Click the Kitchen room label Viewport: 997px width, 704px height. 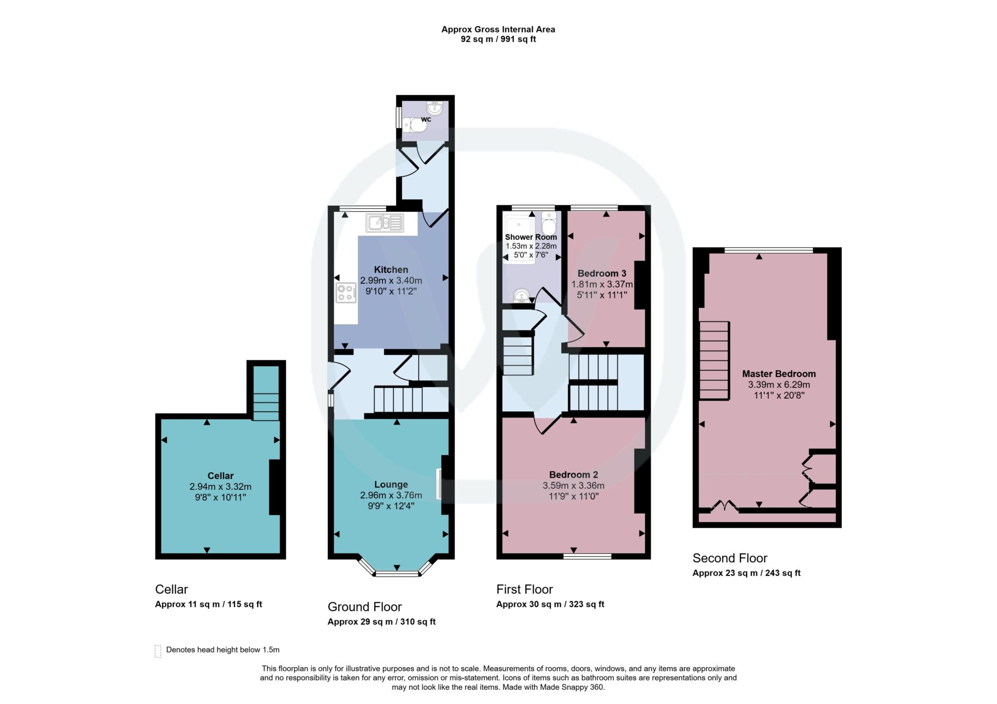pos(391,270)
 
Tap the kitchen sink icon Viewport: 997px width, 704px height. pos(385,223)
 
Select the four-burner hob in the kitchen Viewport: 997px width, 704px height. pos(346,293)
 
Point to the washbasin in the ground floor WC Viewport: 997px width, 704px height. pos(435,108)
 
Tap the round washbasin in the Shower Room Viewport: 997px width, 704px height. pos(521,296)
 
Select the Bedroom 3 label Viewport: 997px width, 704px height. pos(602,273)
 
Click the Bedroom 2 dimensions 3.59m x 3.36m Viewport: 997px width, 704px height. pos(574,486)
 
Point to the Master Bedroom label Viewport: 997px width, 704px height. pos(779,374)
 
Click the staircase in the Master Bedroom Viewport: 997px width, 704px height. pos(714,360)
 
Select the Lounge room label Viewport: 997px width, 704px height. pos(391,485)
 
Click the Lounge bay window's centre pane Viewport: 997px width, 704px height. pos(397,574)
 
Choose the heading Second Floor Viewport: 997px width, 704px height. pos(730,558)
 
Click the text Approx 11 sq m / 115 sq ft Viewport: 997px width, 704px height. pos(208,604)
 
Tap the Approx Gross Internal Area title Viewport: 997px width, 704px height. pos(498,29)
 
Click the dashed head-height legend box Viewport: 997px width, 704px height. pos(158,651)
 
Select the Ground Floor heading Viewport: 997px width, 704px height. pos(365,607)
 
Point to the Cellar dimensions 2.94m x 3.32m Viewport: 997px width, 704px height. pos(220,487)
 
